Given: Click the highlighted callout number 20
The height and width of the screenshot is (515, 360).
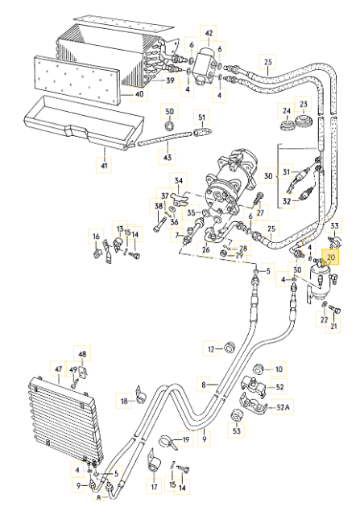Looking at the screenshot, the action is [x=331, y=257].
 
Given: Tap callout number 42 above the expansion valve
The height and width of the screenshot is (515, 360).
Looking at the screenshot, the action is [x=209, y=34].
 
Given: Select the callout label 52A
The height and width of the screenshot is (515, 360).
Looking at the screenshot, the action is [x=283, y=407].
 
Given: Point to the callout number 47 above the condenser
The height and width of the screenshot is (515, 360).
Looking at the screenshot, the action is [x=59, y=369].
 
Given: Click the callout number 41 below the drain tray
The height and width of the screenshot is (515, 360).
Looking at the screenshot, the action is [x=104, y=165].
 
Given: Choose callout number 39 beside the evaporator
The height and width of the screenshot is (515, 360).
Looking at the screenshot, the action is [x=170, y=80].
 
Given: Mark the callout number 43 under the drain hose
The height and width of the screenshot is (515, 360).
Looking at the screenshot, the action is [x=168, y=158].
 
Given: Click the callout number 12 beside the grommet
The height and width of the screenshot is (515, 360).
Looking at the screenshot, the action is [x=211, y=349].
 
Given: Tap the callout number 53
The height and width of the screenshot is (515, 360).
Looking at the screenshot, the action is [x=237, y=431].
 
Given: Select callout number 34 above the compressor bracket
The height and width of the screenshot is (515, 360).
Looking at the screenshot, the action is [x=179, y=180].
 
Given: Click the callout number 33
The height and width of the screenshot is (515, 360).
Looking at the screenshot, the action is [x=334, y=225].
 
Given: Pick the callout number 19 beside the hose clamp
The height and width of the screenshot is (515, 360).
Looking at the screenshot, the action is [x=186, y=439].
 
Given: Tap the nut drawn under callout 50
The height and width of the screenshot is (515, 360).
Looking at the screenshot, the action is [x=169, y=126].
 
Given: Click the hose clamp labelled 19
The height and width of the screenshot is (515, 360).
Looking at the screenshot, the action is [x=167, y=441].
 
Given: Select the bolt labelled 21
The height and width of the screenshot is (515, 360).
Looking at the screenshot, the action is [x=334, y=309].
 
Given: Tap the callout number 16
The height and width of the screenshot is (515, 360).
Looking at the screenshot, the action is [x=96, y=236].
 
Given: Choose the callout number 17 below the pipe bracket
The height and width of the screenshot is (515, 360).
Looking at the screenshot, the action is [x=154, y=487].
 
